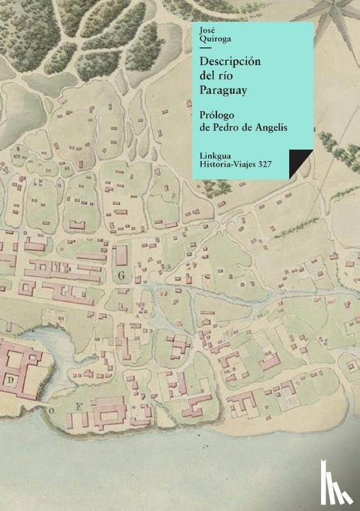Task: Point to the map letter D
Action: coord(11,379)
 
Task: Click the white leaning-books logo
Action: coord(339,490)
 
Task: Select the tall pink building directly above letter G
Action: coord(120,256)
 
